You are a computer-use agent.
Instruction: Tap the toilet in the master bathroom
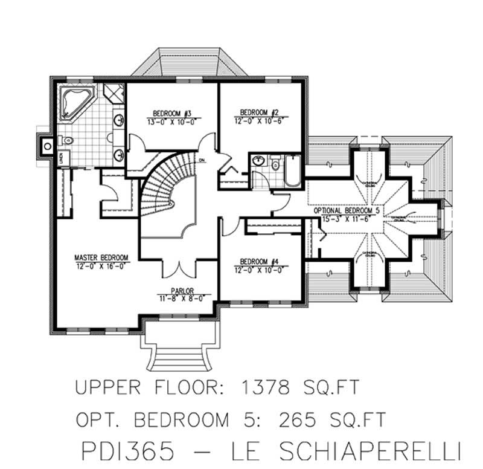(68, 141)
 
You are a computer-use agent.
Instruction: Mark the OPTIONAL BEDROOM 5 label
(347, 212)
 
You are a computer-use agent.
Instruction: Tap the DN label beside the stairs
(202, 160)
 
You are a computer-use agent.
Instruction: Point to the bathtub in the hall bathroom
(293, 170)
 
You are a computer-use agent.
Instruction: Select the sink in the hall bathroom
(260, 161)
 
